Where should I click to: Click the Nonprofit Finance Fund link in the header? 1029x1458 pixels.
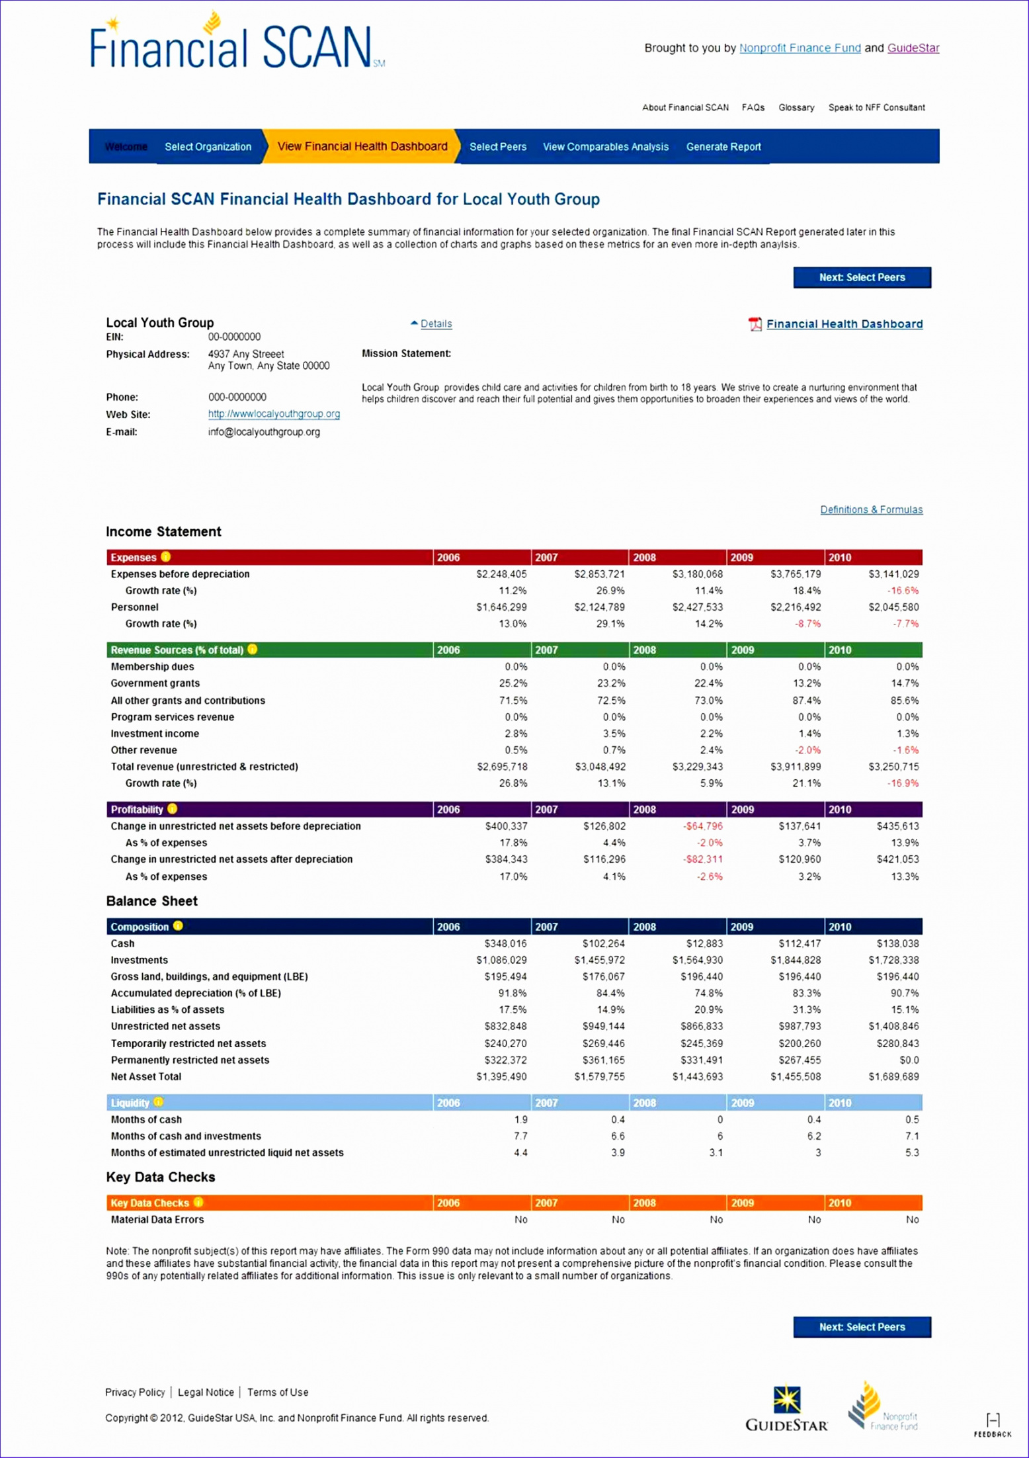[x=800, y=48]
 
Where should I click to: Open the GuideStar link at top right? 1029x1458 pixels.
[x=913, y=48]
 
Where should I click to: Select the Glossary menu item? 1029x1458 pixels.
[x=796, y=107]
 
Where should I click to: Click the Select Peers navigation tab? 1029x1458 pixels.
[x=497, y=147]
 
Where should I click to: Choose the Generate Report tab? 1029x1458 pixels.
[x=723, y=147]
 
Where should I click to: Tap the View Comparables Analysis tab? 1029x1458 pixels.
[x=605, y=147]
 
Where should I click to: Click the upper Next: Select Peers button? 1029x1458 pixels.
[x=862, y=277]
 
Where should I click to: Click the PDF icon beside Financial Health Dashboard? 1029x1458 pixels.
[x=755, y=324]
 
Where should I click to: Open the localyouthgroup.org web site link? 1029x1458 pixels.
[x=274, y=414]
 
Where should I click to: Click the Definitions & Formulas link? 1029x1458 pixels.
[x=871, y=509]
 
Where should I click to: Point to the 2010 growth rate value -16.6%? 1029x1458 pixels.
[x=903, y=591]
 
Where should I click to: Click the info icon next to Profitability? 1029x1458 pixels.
[x=173, y=809]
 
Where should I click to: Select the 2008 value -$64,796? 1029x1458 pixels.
[x=702, y=826]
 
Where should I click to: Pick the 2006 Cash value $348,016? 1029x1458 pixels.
[x=505, y=943]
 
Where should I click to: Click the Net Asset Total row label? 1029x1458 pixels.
[x=145, y=1076]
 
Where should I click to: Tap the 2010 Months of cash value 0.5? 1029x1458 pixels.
[x=912, y=1119]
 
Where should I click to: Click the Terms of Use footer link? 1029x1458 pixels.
[x=278, y=1392]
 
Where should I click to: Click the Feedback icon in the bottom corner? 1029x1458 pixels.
[x=992, y=1424]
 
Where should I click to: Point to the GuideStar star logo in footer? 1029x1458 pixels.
[x=787, y=1400]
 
